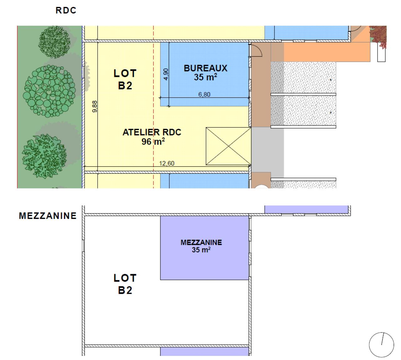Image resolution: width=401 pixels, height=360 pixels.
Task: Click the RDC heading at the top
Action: (66, 10)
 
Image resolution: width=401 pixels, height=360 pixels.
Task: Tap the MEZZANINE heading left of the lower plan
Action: (48, 216)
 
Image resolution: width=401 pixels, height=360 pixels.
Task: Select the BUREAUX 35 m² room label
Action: (206, 72)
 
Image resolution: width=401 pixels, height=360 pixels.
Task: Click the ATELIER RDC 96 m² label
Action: (152, 137)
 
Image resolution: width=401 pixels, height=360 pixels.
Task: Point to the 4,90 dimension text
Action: (166, 74)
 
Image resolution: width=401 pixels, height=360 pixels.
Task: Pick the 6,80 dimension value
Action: (204, 94)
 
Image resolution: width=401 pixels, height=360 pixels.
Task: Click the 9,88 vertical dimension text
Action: (95, 107)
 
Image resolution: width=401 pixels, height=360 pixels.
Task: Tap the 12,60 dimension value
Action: (167, 163)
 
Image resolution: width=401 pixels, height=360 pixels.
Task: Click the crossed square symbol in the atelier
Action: (228, 146)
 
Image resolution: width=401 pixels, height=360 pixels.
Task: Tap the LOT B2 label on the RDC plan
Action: (125, 79)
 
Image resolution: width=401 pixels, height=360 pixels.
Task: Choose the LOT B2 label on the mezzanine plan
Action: (125, 284)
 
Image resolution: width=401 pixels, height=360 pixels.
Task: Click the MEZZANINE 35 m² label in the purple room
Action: (201, 246)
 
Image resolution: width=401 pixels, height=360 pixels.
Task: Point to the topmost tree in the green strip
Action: (54, 42)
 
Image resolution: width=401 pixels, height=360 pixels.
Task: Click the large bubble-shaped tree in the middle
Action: (49, 91)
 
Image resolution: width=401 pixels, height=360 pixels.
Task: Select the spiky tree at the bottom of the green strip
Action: (44, 156)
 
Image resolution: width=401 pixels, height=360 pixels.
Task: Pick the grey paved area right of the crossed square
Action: (268, 150)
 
